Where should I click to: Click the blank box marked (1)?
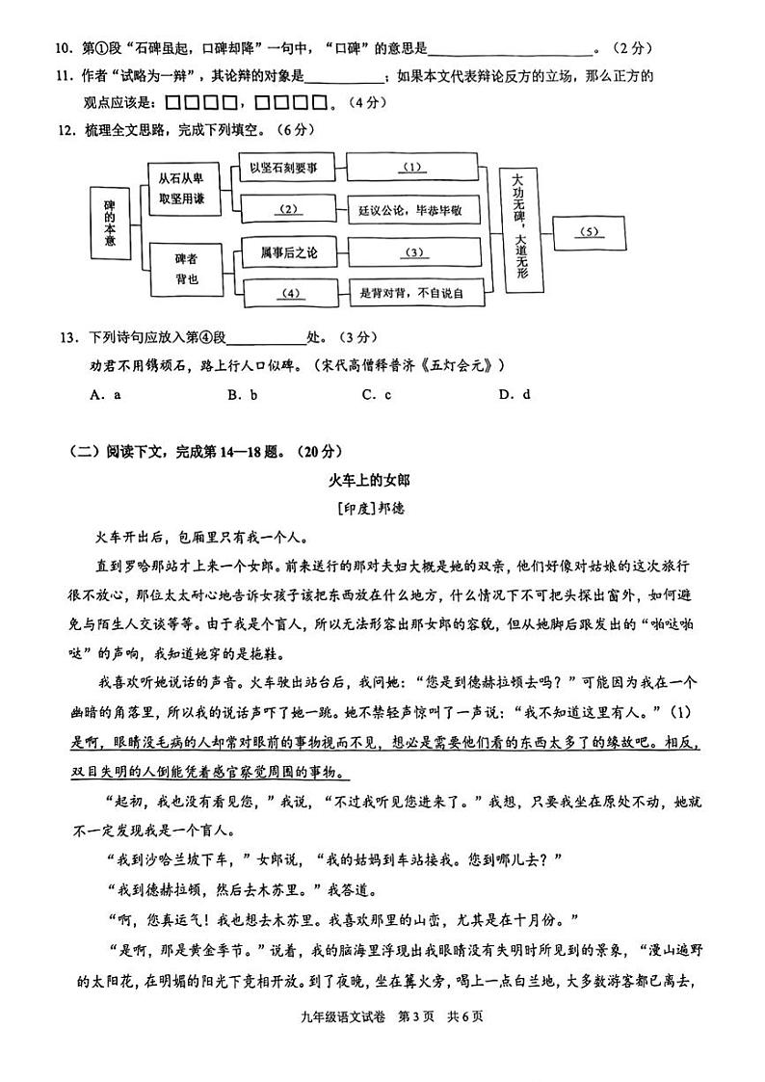[412, 168]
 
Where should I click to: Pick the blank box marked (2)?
[288, 209]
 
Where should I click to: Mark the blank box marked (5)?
[590, 231]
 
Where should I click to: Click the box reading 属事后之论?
[287, 252]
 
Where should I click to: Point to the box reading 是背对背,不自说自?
[411, 293]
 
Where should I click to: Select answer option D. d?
[514, 394]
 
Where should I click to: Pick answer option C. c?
[376, 394]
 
